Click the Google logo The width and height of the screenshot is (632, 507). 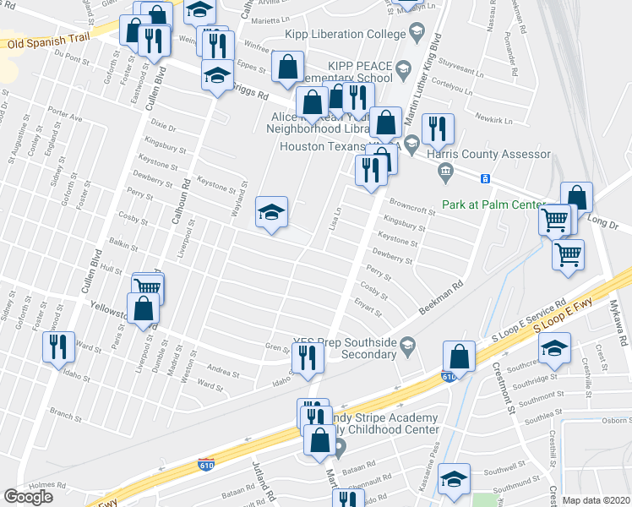pyautogui.click(x=29, y=497)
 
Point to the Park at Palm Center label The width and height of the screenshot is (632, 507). pyautogui.click(x=493, y=204)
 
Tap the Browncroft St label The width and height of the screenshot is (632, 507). pyautogui.click(x=412, y=207)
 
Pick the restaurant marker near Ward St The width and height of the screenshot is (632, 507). pyautogui.click(x=57, y=346)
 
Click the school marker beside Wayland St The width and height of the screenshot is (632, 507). pyautogui.click(x=272, y=211)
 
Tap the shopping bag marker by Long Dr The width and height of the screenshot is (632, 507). pyautogui.click(x=577, y=198)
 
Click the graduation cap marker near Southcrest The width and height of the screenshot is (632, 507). pyautogui.click(x=554, y=346)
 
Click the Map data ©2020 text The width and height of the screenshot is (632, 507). pyautogui.click(x=597, y=500)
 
